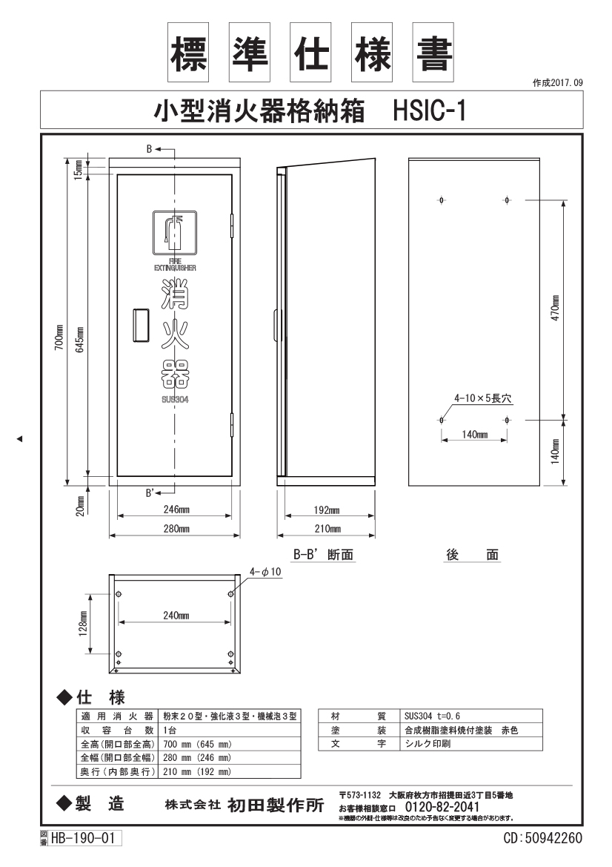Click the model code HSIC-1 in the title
pos(429,111)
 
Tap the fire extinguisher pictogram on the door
pos(175,231)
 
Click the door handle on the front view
pos(140,326)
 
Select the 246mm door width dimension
pos(176,510)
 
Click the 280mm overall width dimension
pos(176,529)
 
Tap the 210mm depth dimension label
pos(327,529)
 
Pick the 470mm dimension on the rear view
pos(556,308)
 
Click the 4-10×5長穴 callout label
pos(483,398)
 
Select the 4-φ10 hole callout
pos(265,572)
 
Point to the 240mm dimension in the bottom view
pos(176,615)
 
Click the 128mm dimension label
pos(84,624)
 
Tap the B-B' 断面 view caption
pos(323,555)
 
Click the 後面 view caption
pos(472,555)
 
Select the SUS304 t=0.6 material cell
pos(433,716)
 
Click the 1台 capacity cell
pos(170,731)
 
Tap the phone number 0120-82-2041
pos(442,807)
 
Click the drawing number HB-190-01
pos(83,838)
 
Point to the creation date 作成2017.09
pos(558,83)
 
